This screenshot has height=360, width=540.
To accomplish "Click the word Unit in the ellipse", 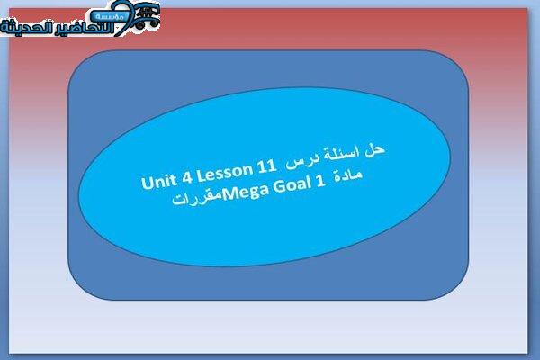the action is point(159,181).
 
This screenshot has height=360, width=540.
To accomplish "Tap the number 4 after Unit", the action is point(187,177).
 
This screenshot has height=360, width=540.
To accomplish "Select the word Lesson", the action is point(225,172).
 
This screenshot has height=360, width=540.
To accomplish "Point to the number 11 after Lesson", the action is point(266,166).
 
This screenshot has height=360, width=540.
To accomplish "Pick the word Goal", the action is point(292,186).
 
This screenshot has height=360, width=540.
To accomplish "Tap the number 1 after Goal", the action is point(320,182).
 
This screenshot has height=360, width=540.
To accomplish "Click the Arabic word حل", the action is point(374,150).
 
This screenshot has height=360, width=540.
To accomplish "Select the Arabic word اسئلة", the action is point(340,154).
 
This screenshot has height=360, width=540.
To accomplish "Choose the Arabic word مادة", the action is point(348,175).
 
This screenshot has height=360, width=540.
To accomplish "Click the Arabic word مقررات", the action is point(197,199).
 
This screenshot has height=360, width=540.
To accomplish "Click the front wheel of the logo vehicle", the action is point(139,25).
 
